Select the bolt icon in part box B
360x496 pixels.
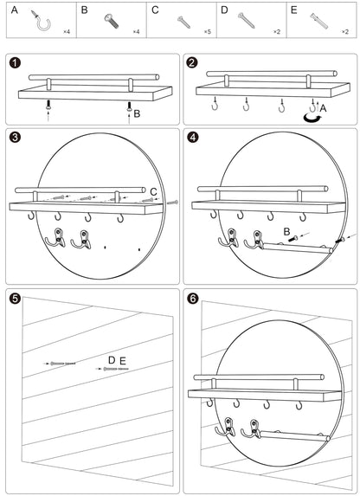(112, 21)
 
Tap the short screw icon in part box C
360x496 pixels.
(183, 23)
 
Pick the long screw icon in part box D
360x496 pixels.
(247, 20)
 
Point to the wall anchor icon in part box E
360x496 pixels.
(318, 21)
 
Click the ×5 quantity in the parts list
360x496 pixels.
(207, 32)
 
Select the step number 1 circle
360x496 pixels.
(15, 62)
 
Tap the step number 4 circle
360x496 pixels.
(193, 138)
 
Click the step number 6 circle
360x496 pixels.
(193, 298)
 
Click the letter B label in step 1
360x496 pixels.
(137, 113)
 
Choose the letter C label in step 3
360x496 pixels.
(153, 191)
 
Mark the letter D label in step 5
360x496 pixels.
(112, 360)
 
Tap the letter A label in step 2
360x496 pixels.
(323, 108)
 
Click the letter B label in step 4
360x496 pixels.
(286, 232)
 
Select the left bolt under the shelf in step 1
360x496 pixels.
(48, 105)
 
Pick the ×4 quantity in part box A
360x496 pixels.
(67, 32)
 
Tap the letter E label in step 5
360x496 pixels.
(123, 361)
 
